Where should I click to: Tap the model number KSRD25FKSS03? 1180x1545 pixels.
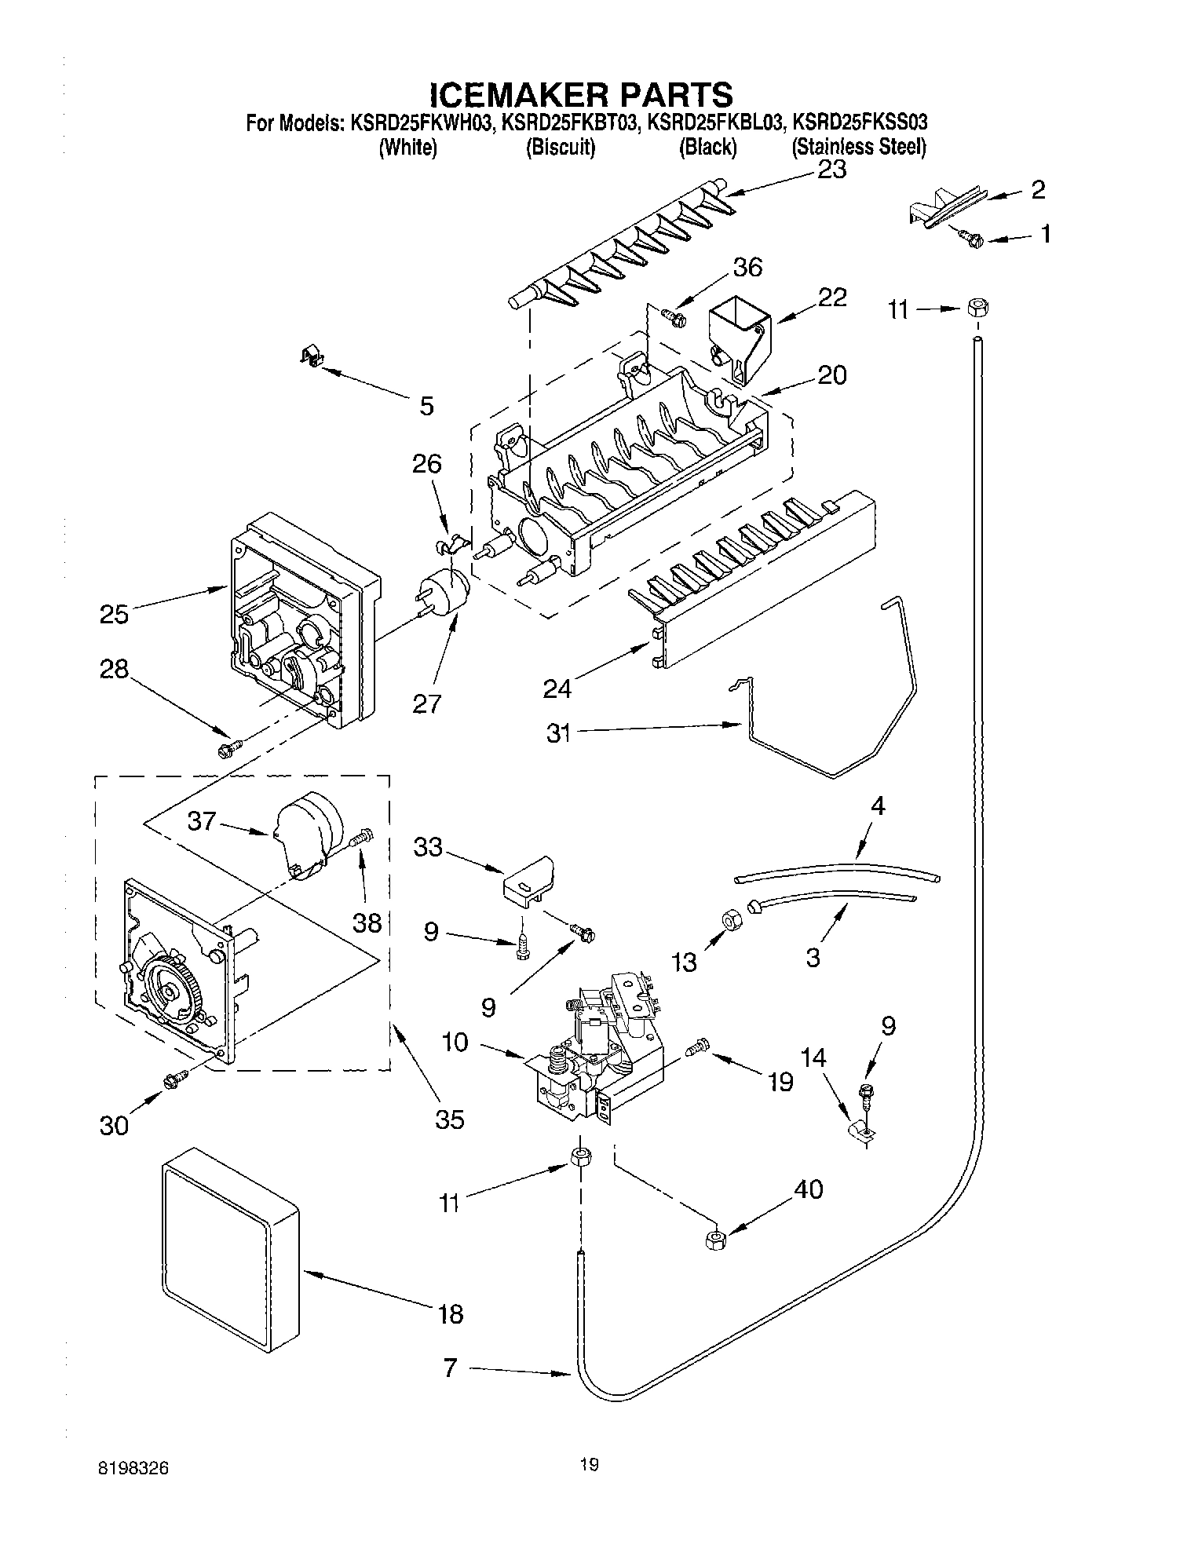tap(860, 122)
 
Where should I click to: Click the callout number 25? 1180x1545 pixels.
tap(114, 613)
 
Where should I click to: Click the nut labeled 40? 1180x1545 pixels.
tap(714, 1240)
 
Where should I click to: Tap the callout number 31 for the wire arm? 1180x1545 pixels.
tap(558, 734)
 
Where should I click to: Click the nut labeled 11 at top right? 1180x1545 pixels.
tap(975, 308)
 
